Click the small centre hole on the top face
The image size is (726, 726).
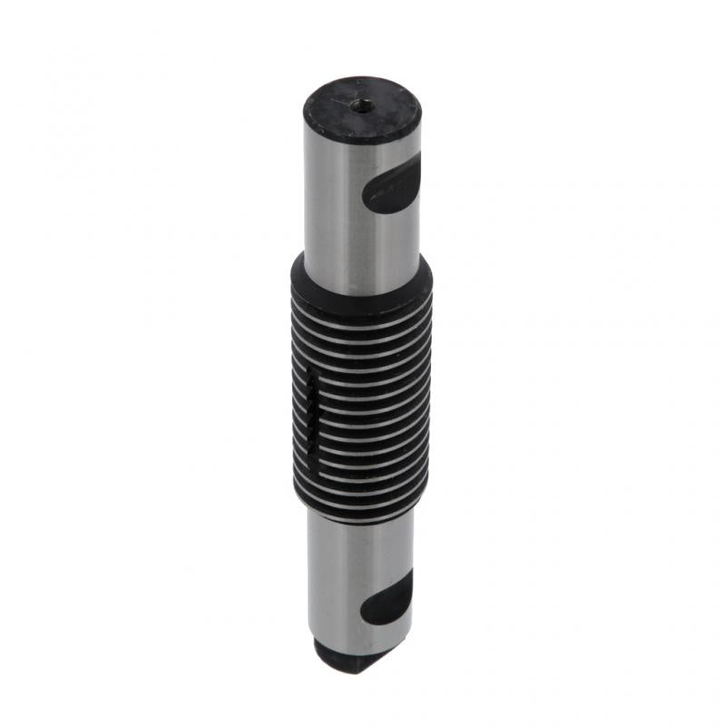[362, 105]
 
